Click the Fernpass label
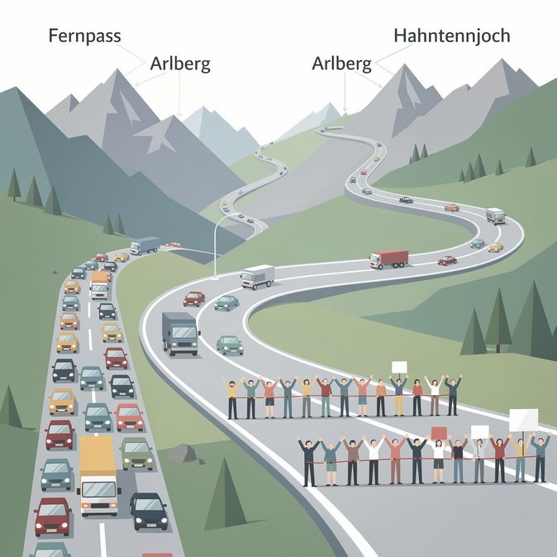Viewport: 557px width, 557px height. [84, 36]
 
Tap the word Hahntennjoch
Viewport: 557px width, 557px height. [452, 36]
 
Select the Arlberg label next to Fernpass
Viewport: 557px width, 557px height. [180, 64]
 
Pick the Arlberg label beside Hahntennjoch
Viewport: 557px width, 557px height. [342, 64]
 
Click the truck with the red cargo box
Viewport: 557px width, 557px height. [389, 259]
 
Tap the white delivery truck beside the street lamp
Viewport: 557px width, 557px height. [258, 277]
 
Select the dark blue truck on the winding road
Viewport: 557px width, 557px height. [180, 334]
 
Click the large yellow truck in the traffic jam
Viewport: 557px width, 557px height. [98, 476]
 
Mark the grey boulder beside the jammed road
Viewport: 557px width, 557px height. [182, 453]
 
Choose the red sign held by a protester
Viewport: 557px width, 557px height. [439, 432]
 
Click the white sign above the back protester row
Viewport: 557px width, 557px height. [399, 367]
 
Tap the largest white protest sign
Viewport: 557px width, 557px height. [523, 420]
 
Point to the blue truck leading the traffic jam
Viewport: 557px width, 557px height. [145, 245]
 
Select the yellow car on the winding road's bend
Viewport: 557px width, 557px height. [496, 246]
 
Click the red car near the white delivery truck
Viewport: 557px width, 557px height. [194, 298]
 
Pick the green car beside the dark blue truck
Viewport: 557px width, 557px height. [230, 345]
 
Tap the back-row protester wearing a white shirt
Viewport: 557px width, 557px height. [435, 395]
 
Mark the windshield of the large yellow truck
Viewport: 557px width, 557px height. [99, 489]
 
